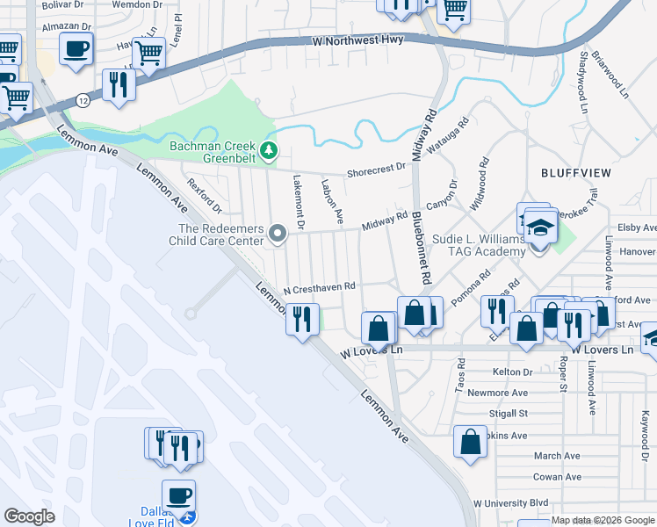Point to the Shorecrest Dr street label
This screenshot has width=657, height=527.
point(377,167)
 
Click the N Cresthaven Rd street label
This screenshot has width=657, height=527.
point(319,286)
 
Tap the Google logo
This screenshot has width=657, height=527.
point(29,516)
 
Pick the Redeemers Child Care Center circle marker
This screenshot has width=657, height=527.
point(278,234)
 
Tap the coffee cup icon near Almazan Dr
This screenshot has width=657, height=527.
point(76,48)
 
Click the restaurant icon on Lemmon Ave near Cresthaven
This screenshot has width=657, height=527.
point(302,318)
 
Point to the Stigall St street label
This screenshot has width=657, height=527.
point(509,413)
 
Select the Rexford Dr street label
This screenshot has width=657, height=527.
point(205,195)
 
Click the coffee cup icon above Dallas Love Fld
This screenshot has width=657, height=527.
point(178,495)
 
